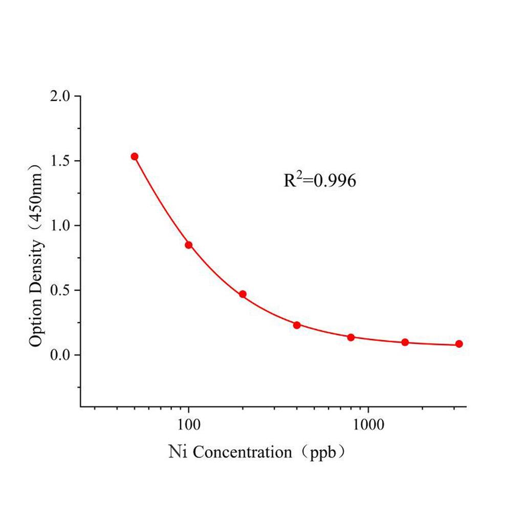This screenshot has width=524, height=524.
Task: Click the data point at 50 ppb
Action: pos(135,157)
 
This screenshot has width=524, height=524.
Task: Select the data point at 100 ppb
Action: pos(189,245)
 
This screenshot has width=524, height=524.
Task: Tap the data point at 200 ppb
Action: pos(243,294)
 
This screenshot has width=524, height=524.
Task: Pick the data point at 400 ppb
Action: pos(297,325)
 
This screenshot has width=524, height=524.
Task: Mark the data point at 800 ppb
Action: pos(351,337)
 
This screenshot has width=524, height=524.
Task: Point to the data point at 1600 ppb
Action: pos(405,342)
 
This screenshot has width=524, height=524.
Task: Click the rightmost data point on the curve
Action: pos(459,344)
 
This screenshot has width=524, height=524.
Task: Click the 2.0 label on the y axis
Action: pos(61,97)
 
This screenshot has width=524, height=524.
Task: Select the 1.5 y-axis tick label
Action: pos(61,161)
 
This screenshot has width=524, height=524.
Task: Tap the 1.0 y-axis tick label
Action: pos(61,226)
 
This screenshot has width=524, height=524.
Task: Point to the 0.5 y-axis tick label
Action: pos(61,291)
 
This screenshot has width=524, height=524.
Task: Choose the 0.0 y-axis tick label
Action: pos(61,355)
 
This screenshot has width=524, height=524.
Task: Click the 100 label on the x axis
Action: pos(189,424)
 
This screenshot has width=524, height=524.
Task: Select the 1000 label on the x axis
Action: pos(369,424)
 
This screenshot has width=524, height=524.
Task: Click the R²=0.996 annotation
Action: pos(320,180)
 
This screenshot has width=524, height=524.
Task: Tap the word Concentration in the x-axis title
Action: pos(243,452)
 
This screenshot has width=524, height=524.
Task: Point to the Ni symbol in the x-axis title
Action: pos(177,452)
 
